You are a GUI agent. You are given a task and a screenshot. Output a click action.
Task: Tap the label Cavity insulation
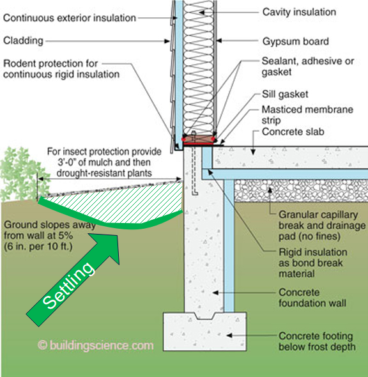[x=299, y=12]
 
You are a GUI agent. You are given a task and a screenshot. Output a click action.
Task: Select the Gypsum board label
[x=295, y=42]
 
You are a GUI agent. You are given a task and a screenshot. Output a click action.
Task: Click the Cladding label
[x=23, y=41]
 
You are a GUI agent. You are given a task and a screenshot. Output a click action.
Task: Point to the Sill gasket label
[x=285, y=95]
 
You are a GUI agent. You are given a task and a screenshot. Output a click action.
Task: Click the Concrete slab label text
[x=293, y=132]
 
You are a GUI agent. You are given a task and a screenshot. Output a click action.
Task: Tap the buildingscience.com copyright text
[x=96, y=345]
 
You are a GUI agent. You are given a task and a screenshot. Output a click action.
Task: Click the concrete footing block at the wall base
[x=204, y=332]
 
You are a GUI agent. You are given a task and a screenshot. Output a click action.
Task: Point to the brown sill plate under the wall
[x=199, y=139]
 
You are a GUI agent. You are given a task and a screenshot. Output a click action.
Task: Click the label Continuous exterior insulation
[x=70, y=18]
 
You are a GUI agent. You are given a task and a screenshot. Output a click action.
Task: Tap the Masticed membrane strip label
[x=307, y=115]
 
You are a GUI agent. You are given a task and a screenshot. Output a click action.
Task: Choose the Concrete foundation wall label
[x=312, y=298]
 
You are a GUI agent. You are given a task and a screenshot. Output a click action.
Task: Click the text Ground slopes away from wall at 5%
[x=50, y=230]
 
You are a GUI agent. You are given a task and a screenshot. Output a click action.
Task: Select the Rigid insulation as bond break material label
[x=312, y=263]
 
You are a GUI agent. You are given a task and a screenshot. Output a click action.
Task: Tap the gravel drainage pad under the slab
[x=300, y=190]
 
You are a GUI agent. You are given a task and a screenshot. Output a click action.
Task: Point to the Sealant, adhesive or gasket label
[x=308, y=66]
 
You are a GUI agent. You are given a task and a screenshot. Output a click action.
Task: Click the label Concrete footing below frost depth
[x=317, y=341]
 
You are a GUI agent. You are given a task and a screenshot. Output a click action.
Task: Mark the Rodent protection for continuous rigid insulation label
[x=61, y=69]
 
